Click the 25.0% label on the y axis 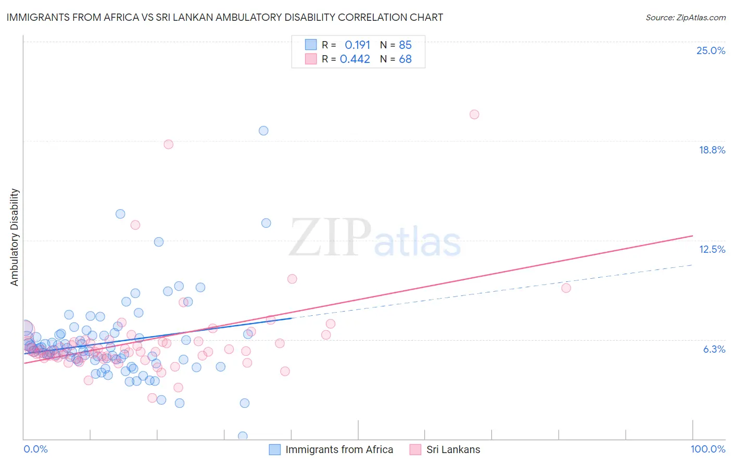point(711,50)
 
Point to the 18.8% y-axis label point(712,150)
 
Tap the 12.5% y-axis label point(712,249)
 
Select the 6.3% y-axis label point(714,349)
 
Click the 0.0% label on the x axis point(35,449)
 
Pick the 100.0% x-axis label point(708,449)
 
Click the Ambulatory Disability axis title point(15,237)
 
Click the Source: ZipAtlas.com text point(685,17)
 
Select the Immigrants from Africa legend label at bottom point(339,449)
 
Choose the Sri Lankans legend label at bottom point(453,449)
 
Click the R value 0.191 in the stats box point(357,45)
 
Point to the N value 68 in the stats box point(405,59)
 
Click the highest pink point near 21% point(474,114)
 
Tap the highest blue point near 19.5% point(263,131)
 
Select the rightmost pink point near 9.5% point(566,288)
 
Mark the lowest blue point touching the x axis point(243,436)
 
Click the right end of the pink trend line point(692,236)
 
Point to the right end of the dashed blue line point(692,265)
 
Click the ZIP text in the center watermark point(330,238)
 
